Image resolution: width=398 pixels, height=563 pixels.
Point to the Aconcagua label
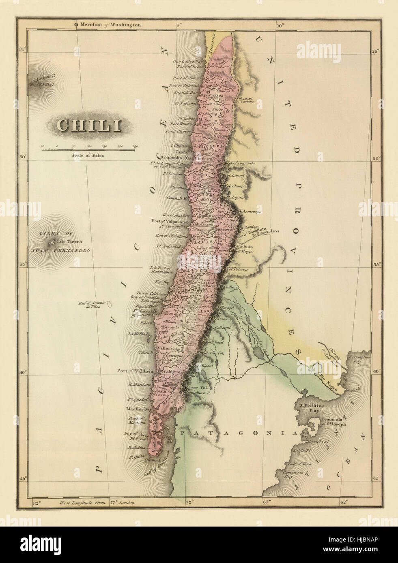click(253, 212)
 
